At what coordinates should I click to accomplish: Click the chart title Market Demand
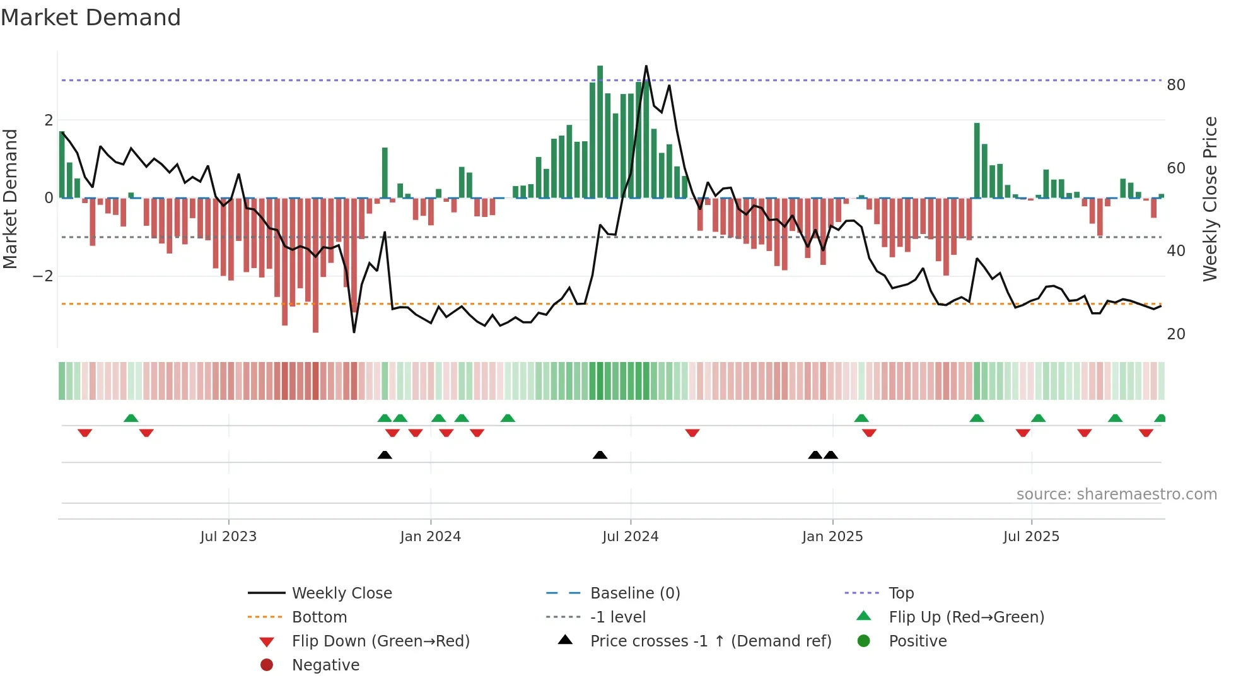[x=91, y=17]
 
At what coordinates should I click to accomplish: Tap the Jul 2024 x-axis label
[x=630, y=537]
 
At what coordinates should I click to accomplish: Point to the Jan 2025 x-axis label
[x=832, y=537]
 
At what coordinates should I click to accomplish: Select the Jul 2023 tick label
[x=228, y=537]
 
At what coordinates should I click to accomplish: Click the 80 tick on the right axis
[x=1175, y=85]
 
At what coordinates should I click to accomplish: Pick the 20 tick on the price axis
[x=1175, y=334]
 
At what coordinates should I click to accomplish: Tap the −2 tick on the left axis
[x=43, y=276]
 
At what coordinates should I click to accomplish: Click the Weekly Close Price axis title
[x=1210, y=199]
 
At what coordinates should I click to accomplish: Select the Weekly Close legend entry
[x=341, y=593]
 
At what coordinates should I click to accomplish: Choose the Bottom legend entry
[x=319, y=617]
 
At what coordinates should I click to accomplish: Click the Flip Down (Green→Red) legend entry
[x=380, y=641]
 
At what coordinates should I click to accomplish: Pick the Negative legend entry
[x=325, y=665]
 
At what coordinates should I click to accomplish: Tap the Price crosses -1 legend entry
[x=710, y=641]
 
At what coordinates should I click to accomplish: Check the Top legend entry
[x=901, y=593]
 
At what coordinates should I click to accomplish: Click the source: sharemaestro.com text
[x=1116, y=494]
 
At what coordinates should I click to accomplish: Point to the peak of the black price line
[x=646, y=66]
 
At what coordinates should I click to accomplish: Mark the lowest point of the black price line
[x=354, y=332]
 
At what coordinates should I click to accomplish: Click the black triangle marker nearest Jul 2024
[x=600, y=455]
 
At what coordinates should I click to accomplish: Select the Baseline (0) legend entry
[x=634, y=593]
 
